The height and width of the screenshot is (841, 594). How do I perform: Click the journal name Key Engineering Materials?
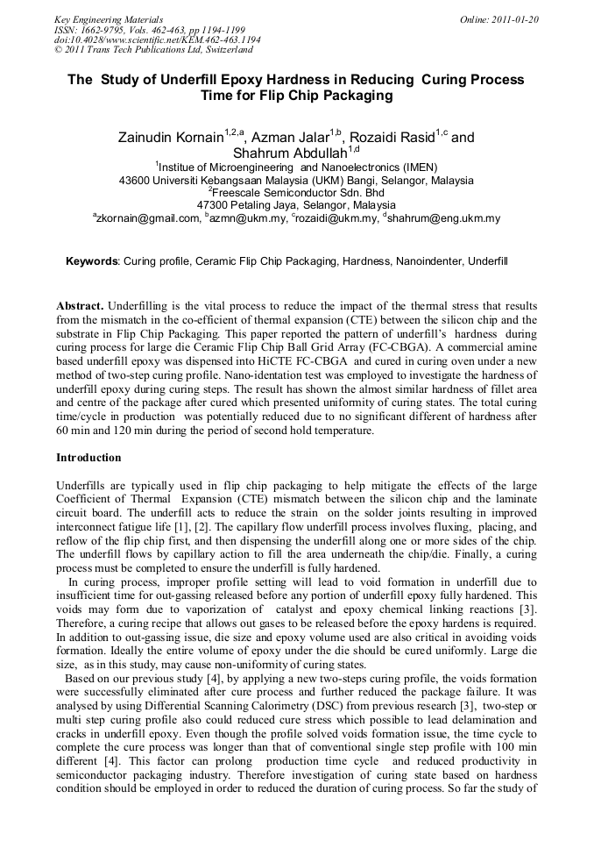point(109,19)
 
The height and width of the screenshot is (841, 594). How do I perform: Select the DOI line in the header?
point(157,39)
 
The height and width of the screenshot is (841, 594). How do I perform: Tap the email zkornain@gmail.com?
point(148,218)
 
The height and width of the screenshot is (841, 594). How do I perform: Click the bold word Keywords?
point(92,261)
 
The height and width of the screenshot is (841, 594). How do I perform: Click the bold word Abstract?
point(80,306)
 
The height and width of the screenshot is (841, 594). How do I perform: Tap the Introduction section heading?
point(88,458)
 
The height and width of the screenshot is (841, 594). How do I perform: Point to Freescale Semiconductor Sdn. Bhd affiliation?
point(298,192)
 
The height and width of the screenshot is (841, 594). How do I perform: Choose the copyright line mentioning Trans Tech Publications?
point(152,50)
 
